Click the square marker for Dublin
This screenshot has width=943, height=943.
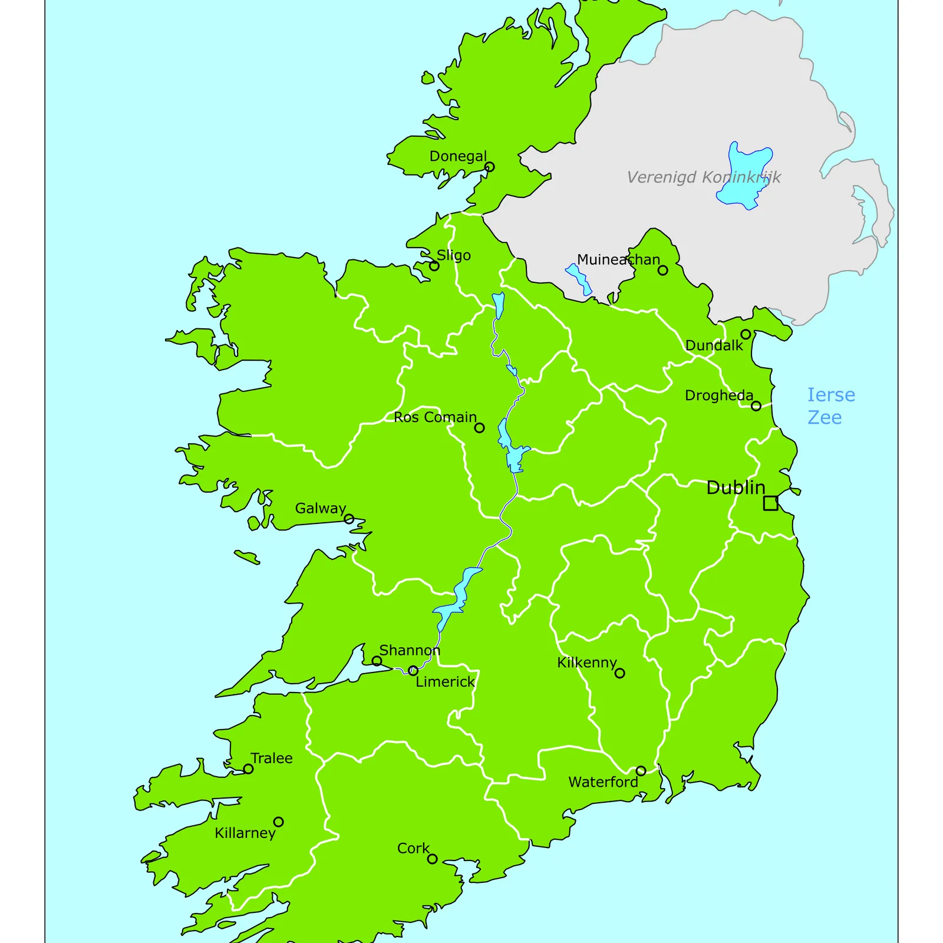tap(770, 503)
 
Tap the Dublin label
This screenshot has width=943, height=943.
tap(735, 487)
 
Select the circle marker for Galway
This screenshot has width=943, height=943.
tap(349, 519)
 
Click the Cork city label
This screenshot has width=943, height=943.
tap(413, 848)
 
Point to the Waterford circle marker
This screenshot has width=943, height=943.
tap(641, 770)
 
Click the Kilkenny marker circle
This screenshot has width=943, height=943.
tap(619, 672)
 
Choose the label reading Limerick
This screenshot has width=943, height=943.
tap(445, 682)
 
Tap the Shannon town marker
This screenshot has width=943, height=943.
tap(377, 661)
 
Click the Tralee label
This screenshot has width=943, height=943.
tap(271, 758)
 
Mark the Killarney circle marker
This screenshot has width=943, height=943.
tap(278, 822)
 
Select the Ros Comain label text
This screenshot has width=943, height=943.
tap(435, 417)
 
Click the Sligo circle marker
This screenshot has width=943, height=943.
tap(434, 266)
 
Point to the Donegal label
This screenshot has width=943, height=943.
tap(458, 156)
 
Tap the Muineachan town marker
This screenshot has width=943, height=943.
tap(662, 270)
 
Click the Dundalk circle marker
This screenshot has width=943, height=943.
tap(746, 334)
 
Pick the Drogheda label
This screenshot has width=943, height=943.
tap(718, 395)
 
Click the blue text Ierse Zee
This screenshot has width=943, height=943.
tap(830, 406)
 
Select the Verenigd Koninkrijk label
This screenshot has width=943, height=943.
tap(704, 177)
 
